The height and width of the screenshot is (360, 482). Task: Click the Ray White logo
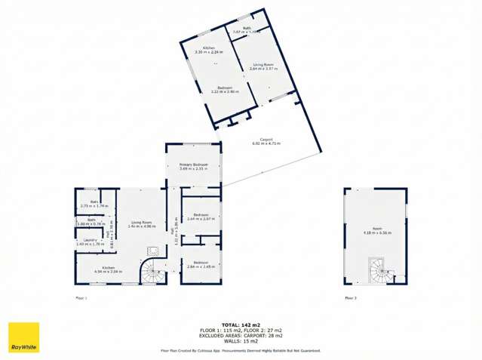[23, 337]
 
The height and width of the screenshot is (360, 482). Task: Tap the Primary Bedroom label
[194, 166]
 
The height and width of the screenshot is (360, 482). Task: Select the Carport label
[266, 140]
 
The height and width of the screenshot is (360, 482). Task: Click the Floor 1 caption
[81, 298]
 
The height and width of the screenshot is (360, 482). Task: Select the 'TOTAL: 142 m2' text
[241, 322]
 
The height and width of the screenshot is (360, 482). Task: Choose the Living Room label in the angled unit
[262, 66]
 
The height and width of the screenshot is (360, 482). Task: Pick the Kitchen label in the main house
[109, 269]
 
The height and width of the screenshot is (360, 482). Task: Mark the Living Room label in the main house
[142, 223]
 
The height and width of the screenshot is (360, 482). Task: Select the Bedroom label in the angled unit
[223, 89]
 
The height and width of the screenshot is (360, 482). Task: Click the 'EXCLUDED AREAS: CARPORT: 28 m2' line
[241, 334]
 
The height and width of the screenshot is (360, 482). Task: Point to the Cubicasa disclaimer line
[241, 351]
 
